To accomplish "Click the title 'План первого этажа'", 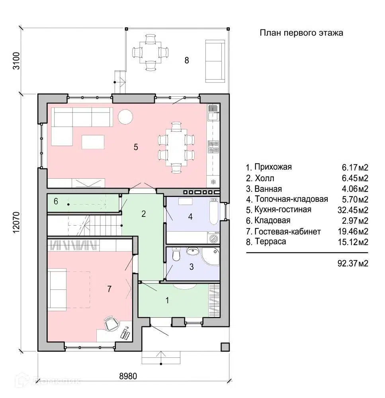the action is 301,33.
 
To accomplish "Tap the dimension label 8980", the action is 128,376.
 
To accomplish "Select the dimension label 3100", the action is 16,60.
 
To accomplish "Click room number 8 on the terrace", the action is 187,60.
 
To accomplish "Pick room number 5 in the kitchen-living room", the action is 136,147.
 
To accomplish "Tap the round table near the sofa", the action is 125,117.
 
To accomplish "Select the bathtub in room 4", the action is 214,212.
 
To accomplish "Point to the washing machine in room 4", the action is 213,238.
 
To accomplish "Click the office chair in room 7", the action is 111,323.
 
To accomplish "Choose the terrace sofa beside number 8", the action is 215,61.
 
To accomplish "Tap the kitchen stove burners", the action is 213,147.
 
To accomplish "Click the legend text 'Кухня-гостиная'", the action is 283,210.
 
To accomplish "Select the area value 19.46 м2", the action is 353,232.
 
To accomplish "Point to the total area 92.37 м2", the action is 353,263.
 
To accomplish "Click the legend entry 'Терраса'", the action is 270,242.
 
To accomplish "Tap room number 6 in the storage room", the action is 56,201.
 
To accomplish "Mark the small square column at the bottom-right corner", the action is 225,347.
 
